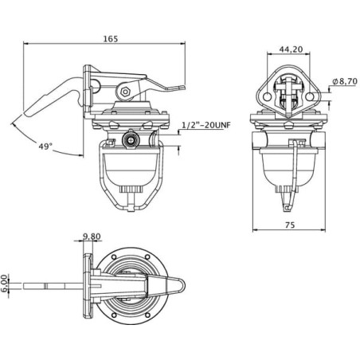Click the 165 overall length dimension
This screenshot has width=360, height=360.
[111, 39]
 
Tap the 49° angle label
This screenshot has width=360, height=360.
[45, 146]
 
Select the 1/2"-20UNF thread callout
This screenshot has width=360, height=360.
[206, 125]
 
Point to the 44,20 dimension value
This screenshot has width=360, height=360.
[291, 49]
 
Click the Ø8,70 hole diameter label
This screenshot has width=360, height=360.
[345, 81]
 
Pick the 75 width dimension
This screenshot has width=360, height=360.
[290, 225]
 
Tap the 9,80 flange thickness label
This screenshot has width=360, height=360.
[92, 236]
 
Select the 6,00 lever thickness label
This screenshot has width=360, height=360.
[5, 284]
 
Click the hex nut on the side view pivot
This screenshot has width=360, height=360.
[125, 92]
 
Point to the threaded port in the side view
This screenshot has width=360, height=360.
[130, 140]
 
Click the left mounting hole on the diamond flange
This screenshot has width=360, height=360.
[268, 96]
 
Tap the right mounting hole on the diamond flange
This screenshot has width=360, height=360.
[310, 96]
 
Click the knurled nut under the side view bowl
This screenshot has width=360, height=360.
[131, 190]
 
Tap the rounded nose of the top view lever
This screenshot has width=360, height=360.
[182, 286]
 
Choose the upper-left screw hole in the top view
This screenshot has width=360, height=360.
[114, 256]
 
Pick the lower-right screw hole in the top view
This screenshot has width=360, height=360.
[147, 315]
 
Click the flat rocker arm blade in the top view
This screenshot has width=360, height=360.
[53, 286]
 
